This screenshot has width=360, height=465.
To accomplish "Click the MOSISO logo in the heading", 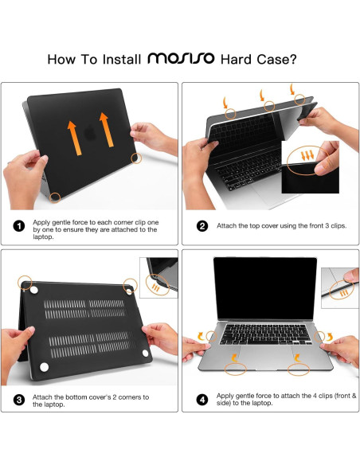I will click(x=181, y=59).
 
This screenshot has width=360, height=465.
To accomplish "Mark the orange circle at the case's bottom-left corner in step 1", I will click(x=53, y=196).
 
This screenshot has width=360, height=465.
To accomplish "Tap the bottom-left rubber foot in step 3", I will click(x=43, y=366).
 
